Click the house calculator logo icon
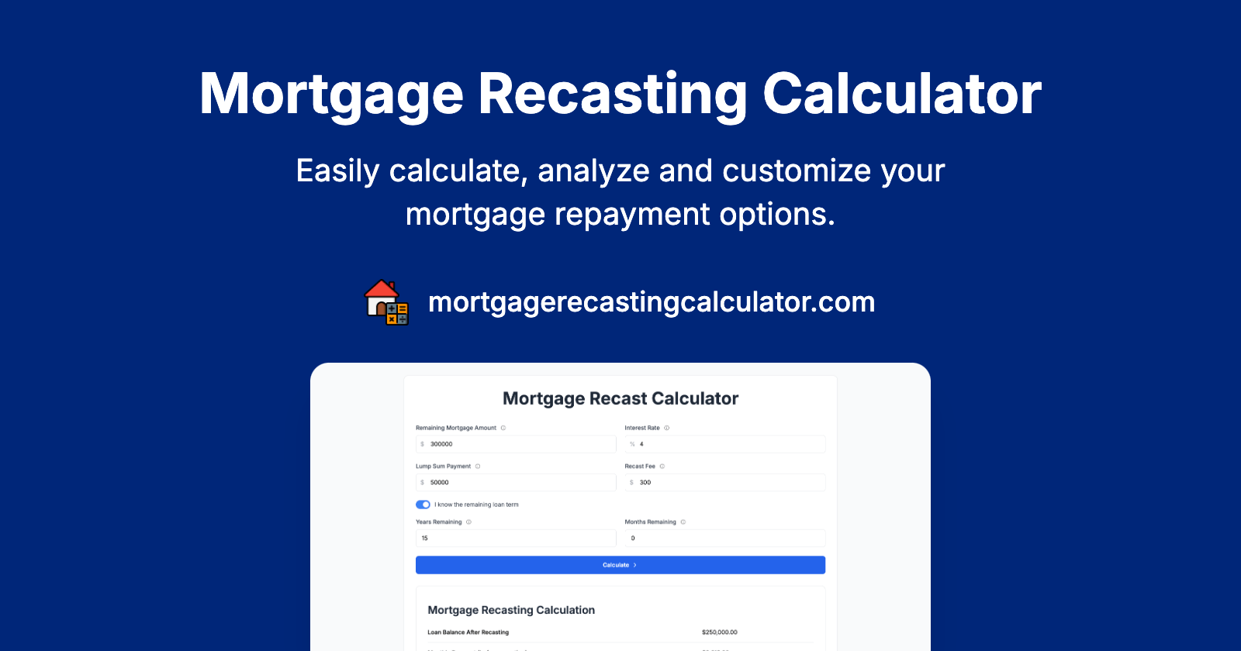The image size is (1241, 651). pos(386,302)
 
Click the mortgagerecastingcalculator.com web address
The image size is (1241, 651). pos(652,302)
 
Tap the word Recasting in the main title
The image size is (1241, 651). pos(612,95)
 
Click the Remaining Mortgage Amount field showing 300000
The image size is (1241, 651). pos(516,444)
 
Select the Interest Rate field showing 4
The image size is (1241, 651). pos(725,444)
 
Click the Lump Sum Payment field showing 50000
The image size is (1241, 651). pos(516,482)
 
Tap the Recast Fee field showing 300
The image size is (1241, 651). pos(725,482)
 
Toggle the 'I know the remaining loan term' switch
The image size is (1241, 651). pos(423,505)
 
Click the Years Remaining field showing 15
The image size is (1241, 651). pos(516,538)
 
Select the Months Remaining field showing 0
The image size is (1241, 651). pos(725,538)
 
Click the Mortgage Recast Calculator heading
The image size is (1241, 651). pos(620,398)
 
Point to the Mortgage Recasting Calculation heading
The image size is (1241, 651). pos(511,610)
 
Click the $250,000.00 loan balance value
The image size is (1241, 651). pos(720,632)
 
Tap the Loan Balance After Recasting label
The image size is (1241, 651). pos(468,632)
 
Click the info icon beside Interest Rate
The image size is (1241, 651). pos(667,428)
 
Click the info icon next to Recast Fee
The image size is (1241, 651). pos(662,467)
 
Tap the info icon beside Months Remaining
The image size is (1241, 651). pos(683,522)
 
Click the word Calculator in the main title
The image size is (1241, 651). pos(902,95)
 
